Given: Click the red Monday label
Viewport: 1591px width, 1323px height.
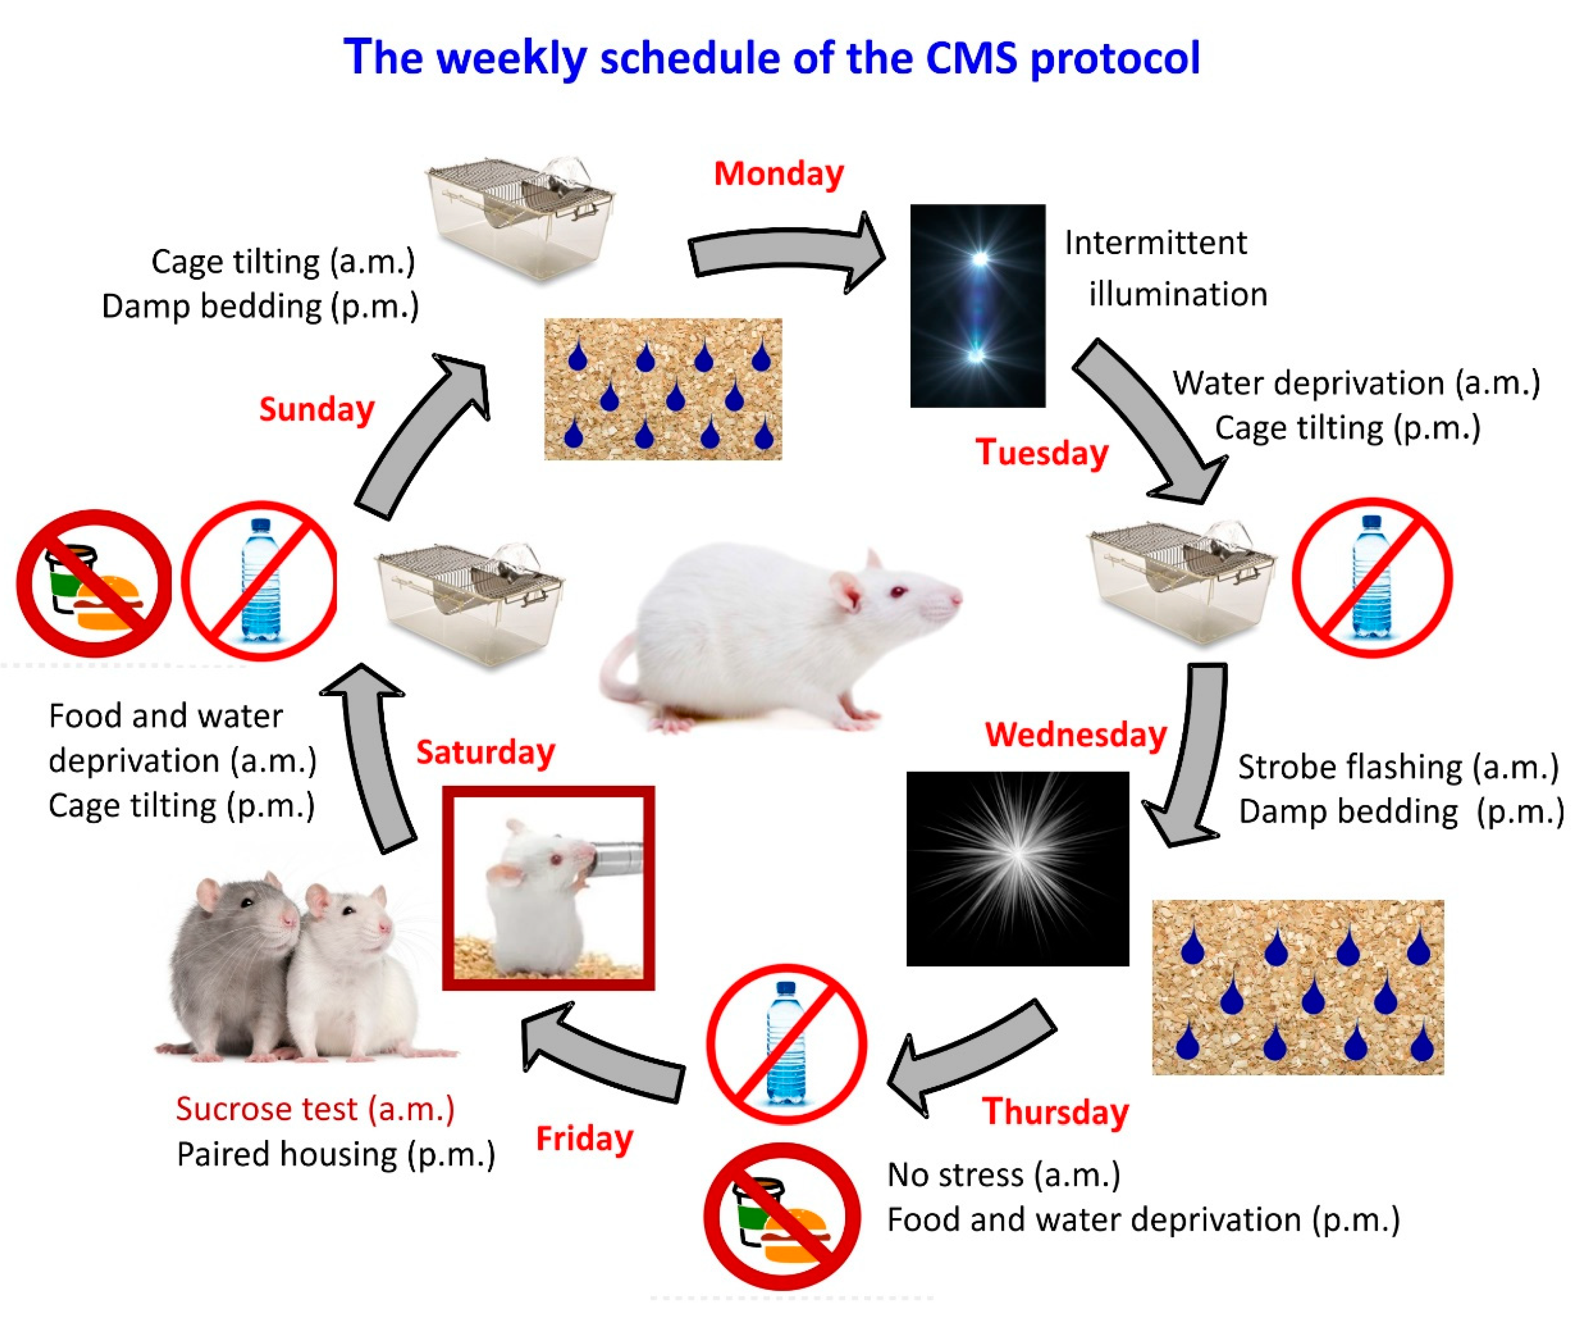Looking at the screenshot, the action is [778, 174].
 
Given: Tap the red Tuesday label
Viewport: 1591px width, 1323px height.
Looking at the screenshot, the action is [1042, 452].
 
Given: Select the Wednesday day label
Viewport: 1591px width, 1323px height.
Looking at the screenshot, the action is [1076, 734].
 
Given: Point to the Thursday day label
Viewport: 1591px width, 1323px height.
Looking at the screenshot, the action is [1055, 1111].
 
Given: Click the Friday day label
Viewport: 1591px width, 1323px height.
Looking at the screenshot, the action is [584, 1139].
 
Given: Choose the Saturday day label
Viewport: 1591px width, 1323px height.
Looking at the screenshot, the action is [486, 752].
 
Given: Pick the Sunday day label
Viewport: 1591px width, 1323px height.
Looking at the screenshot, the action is [317, 409].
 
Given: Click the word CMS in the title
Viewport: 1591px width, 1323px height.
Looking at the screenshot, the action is [971, 58].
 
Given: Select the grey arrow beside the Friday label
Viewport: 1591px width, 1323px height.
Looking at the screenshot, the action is [602, 1053].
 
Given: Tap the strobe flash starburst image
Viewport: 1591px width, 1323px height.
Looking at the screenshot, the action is [1017, 868].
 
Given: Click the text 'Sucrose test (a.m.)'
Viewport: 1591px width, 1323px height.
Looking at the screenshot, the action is [315, 1109].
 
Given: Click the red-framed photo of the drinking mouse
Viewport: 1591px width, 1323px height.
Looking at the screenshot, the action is [549, 887].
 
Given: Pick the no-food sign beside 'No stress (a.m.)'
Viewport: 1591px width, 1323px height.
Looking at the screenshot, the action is [782, 1216].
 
